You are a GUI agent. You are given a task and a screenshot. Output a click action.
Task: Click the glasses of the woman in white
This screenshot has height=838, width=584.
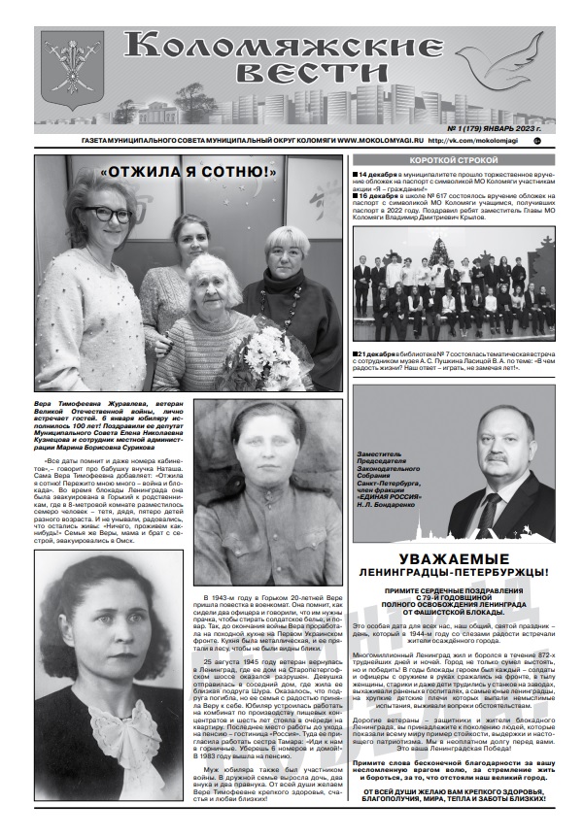pos(105,214)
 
